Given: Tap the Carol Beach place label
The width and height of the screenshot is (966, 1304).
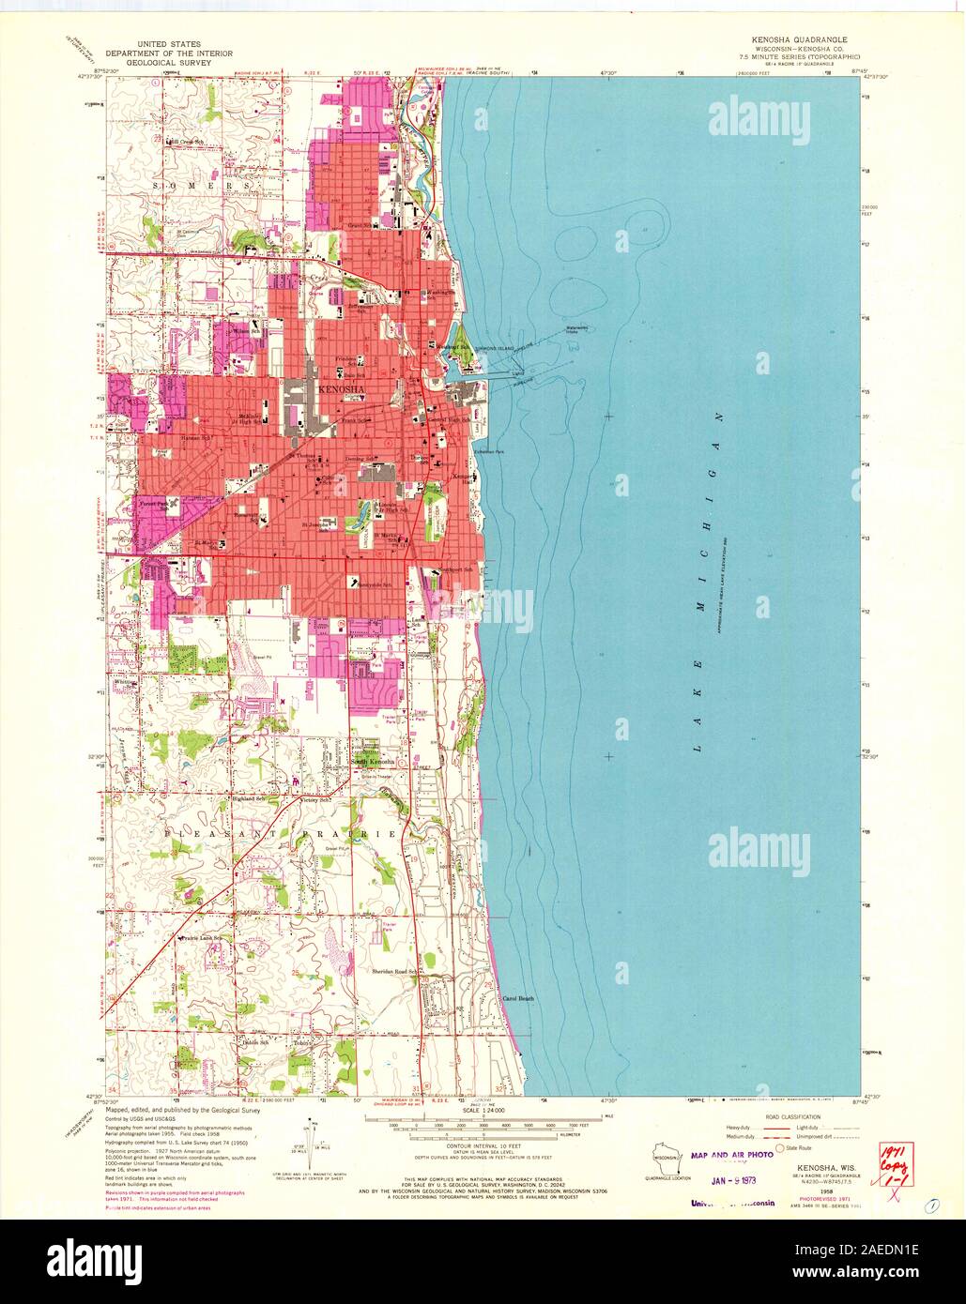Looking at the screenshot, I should (519, 998).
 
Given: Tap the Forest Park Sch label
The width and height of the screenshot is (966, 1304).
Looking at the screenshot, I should (155, 504).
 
